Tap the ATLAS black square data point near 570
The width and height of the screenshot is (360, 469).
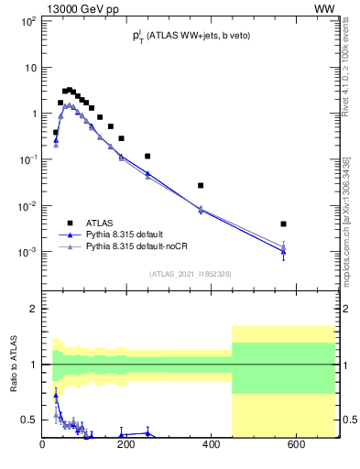point(284,224)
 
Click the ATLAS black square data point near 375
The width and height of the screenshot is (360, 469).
point(201,185)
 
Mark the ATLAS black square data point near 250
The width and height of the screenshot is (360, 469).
point(147,157)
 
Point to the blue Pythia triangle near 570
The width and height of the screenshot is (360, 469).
point(284,251)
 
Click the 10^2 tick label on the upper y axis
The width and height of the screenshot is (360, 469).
point(27,21)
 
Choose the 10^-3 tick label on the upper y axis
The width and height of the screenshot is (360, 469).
point(27,251)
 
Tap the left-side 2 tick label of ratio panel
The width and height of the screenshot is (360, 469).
point(32,309)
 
